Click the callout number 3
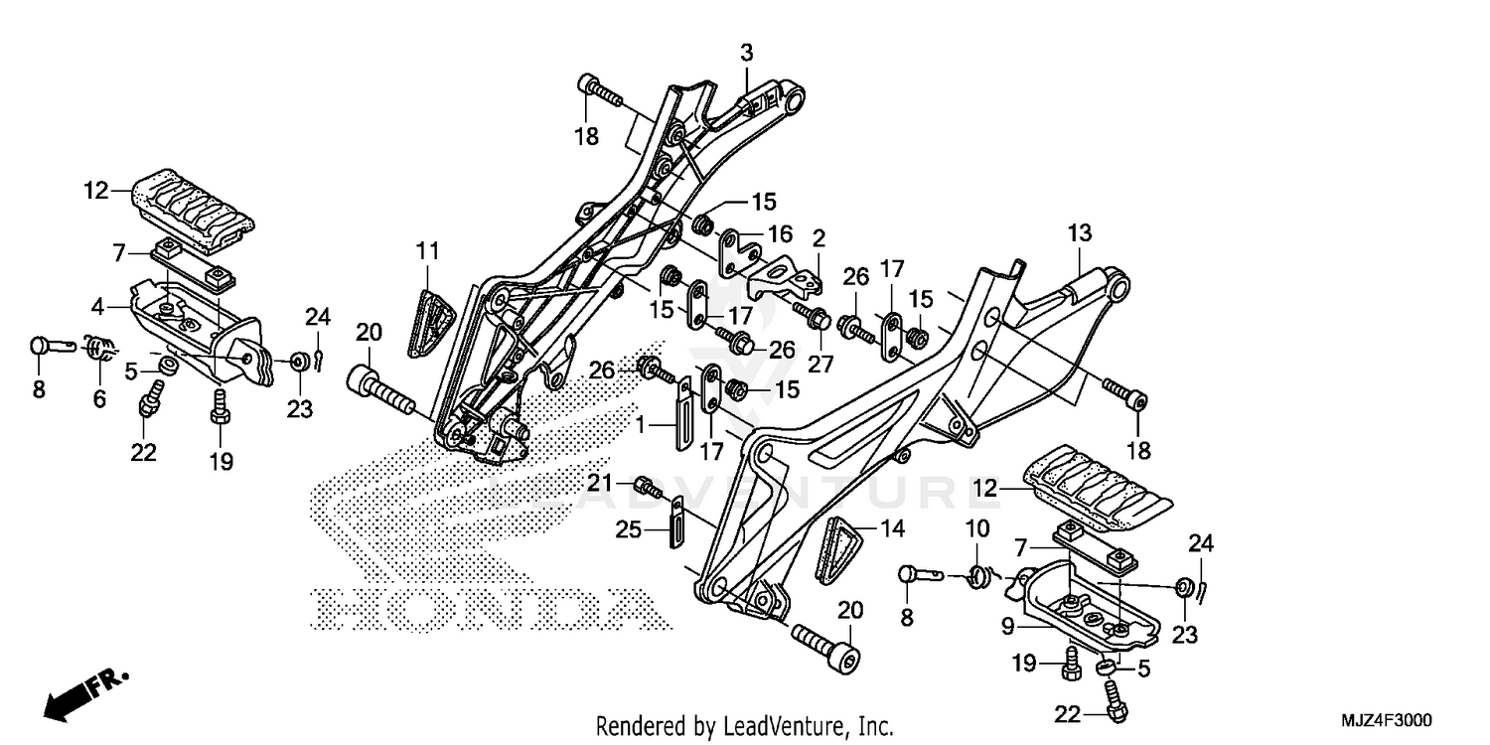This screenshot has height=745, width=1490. tap(747, 52)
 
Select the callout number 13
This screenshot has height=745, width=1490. tap(1080, 233)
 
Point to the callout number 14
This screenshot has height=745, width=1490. tap(894, 529)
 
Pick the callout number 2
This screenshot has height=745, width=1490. tap(819, 238)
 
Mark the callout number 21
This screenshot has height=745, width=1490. tap(622, 483)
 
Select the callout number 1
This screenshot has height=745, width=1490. tap(642, 424)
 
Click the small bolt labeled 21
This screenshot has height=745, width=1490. tap(649, 486)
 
